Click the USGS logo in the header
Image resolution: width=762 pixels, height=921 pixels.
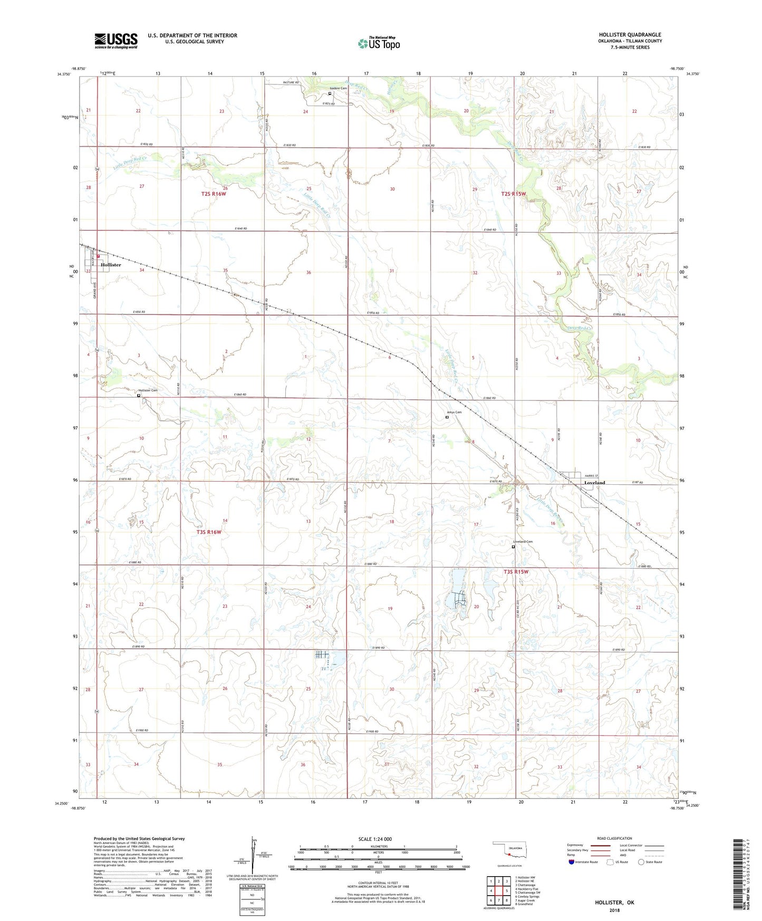coord(115,41)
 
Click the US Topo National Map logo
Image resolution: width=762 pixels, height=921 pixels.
coord(379,43)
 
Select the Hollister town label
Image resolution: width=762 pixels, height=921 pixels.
coord(111,265)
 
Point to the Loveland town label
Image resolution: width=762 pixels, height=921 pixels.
coord(594,483)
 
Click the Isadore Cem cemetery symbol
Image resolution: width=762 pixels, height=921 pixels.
coord(330,94)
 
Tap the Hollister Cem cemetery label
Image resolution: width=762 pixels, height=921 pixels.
coord(148,390)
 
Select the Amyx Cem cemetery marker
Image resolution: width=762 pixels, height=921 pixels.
coord(447,417)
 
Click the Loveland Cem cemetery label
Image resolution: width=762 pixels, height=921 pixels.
coord(523,542)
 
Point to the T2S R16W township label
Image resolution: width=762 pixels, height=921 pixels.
coord(213,194)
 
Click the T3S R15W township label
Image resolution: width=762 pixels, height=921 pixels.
coord(515,572)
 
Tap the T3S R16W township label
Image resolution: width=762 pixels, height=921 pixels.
coord(209,532)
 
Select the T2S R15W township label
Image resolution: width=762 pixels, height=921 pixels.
coord(513,194)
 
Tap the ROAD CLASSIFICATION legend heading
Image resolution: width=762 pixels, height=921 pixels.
coord(614,838)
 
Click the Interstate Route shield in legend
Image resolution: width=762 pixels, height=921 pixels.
coord(572,862)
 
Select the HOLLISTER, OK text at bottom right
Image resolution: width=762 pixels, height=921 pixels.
coord(614,903)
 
